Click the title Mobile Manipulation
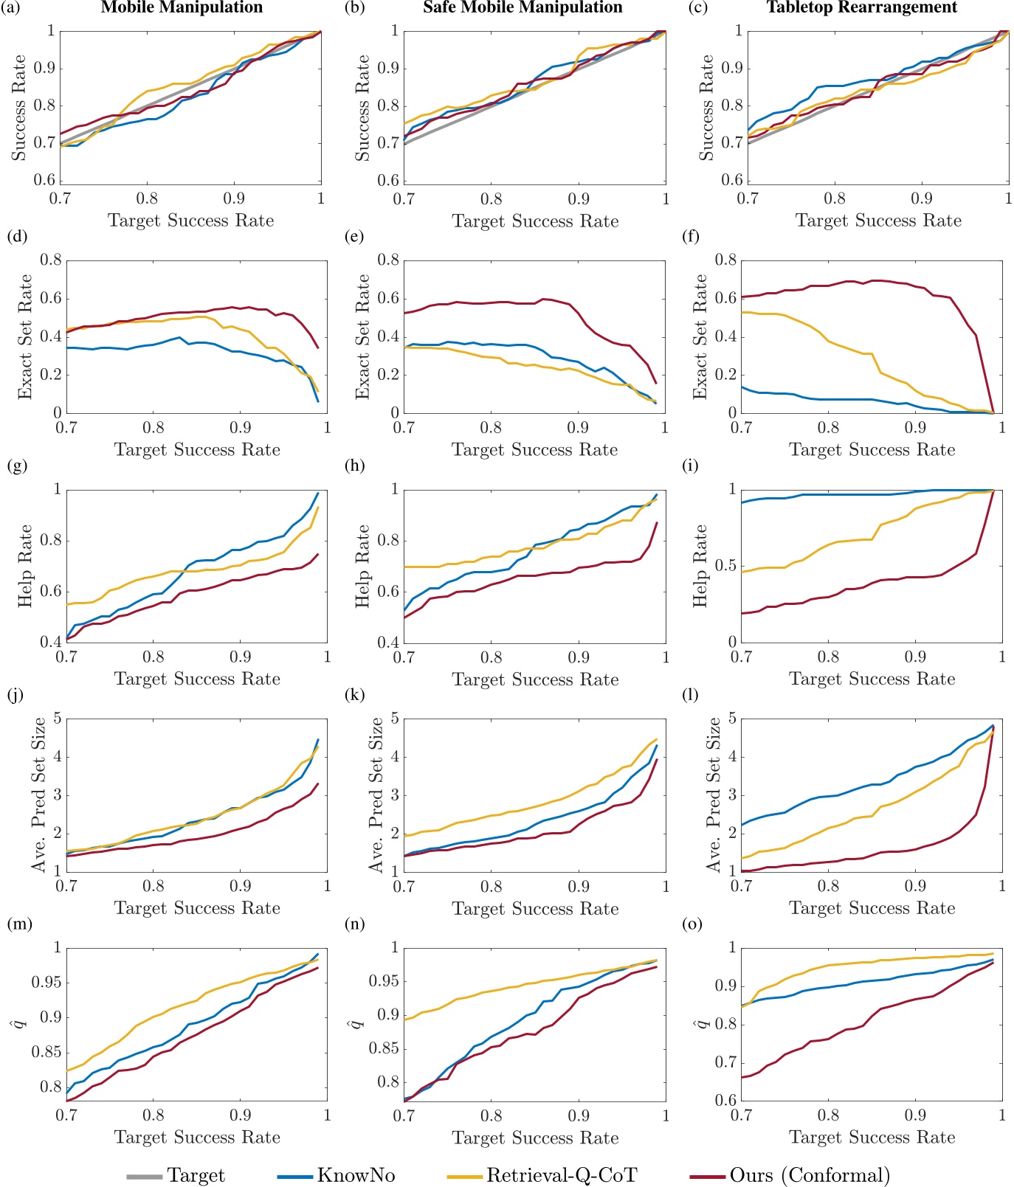click(x=182, y=8)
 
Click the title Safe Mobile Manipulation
click(x=522, y=8)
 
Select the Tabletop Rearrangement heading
click(x=861, y=8)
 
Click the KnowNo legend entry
click(x=356, y=1175)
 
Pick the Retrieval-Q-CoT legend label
click(x=561, y=1175)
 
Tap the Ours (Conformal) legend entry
click(x=810, y=1175)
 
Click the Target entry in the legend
click(x=196, y=1175)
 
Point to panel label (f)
click(x=691, y=237)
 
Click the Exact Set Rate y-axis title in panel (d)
click(x=26, y=336)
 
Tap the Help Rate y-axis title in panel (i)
click(x=700, y=566)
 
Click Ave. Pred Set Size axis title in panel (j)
click(x=38, y=795)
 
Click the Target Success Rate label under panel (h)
click(x=535, y=679)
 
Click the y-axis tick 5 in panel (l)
click(x=731, y=718)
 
